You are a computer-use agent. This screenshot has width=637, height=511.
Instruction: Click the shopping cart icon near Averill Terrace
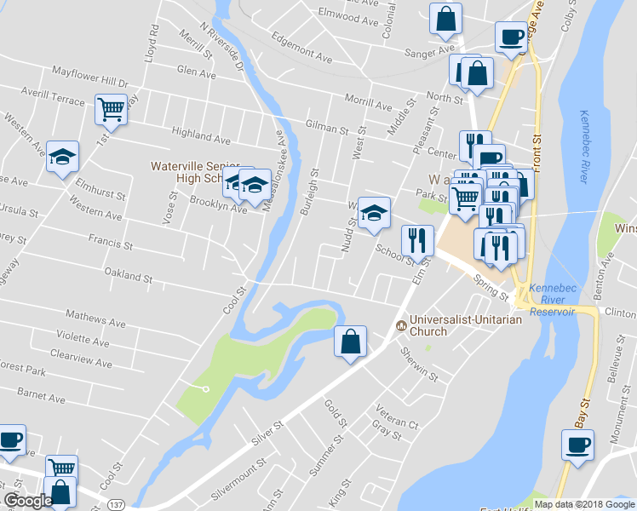click(x=111, y=109)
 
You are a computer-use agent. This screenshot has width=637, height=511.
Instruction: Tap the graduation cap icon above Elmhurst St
click(x=62, y=157)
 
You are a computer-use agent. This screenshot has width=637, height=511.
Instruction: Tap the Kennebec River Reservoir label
click(x=552, y=300)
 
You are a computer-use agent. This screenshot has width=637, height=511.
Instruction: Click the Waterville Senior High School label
click(x=188, y=172)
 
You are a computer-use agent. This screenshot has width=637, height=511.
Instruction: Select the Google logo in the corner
click(x=28, y=502)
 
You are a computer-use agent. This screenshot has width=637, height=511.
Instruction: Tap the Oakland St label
click(x=127, y=276)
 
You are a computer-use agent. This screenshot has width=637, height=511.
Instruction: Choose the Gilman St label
click(x=326, y=127)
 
